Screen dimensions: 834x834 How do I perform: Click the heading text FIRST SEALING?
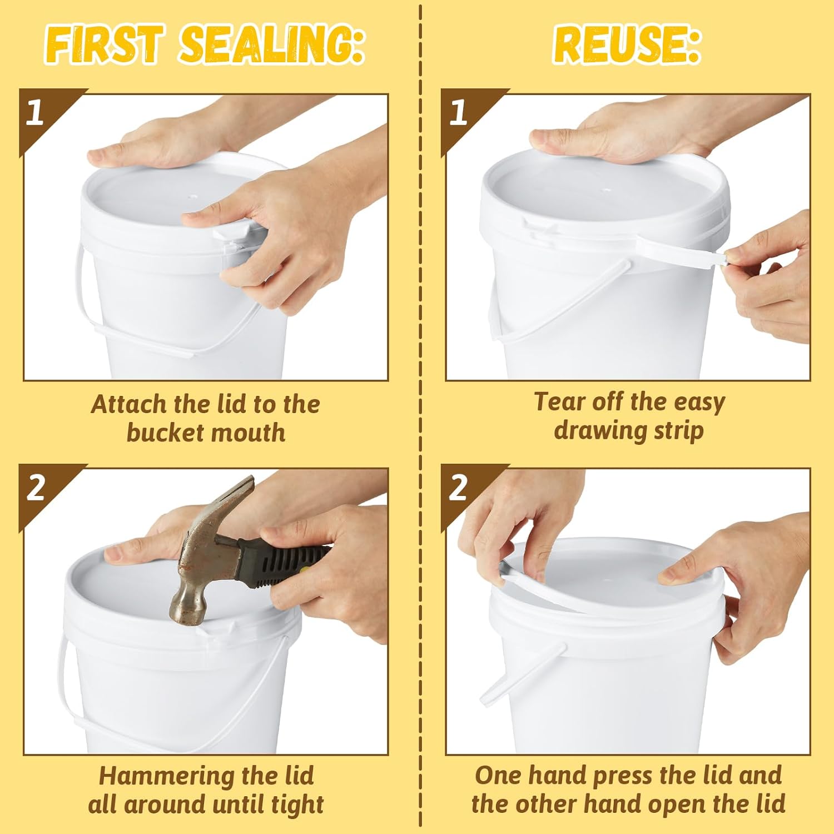205,44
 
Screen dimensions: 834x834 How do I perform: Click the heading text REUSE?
627,44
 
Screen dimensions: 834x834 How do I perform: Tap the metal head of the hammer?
192,603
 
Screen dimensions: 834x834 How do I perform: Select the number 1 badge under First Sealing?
34,112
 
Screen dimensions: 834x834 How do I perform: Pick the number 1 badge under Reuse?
458,112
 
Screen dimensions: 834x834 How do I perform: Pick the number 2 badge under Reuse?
458,488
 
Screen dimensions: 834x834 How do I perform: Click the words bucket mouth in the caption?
206,433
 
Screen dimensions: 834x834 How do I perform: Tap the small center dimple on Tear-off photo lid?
607,190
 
